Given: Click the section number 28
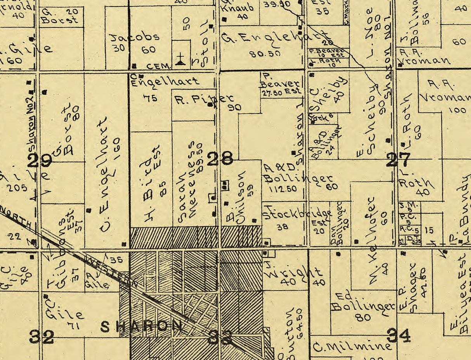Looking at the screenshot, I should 220,159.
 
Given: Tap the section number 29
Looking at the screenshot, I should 40,161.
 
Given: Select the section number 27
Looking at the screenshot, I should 398,160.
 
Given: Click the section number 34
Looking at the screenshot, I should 398,336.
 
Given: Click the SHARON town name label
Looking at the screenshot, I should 142,327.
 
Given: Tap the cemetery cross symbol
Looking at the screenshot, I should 180,59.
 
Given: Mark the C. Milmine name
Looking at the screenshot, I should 352,346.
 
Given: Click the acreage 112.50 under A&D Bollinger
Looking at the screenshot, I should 282,189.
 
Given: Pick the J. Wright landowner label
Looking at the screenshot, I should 294,272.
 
